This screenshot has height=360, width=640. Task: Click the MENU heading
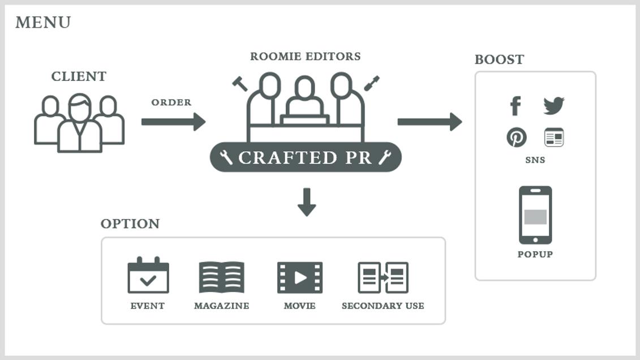tap(43, 23)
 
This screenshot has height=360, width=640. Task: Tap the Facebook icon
tap(515, 105)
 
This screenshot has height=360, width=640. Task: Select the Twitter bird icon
tap(553, 105)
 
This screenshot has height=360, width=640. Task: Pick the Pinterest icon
tap(516, 138)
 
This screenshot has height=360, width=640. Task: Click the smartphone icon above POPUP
tap(535, 215)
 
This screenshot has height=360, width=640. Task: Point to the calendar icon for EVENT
tap(148, 276)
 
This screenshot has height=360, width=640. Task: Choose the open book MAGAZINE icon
tap(221, 277)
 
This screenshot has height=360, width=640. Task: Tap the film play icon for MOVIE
tap(299, 277)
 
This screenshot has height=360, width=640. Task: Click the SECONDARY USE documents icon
tap(383, 277)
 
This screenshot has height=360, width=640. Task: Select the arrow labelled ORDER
tap(173, 121)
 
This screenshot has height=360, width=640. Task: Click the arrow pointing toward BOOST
tap(429, 121)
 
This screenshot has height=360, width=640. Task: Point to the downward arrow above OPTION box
tap(306, 202)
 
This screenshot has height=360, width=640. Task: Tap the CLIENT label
tap(79, 76)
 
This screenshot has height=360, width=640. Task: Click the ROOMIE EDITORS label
tap(305, 57)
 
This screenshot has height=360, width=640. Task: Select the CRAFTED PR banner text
tap(305, 157)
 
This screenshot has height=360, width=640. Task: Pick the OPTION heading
tap(130, 224)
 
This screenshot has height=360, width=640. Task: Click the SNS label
tap(535, 160)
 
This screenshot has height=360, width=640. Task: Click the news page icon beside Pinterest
tap(553, 138)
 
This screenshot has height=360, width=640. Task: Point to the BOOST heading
tap(499, 59)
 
